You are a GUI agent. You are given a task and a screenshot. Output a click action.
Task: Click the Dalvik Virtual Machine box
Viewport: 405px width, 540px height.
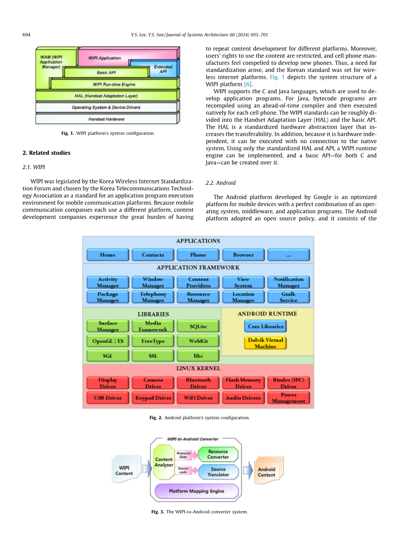point(265,343)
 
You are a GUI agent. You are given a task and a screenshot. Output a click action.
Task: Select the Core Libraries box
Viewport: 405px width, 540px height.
point(265,326)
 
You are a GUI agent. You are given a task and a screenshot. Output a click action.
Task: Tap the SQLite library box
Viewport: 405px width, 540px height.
point(198,326)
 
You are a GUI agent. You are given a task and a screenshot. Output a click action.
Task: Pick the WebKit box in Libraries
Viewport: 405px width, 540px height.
point(198,341)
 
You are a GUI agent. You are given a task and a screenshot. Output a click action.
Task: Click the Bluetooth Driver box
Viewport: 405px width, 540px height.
point(198,383)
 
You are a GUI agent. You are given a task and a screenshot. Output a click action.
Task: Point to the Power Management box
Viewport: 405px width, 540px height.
point(289,398)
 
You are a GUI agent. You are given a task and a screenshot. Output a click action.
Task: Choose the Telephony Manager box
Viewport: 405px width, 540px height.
point(153,297)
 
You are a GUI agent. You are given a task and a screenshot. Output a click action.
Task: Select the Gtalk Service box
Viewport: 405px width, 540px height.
point(289,297)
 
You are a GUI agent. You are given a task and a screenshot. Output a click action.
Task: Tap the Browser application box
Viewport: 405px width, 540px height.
point(243,255)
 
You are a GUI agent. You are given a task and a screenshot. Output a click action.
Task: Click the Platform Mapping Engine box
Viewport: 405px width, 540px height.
point(197,491)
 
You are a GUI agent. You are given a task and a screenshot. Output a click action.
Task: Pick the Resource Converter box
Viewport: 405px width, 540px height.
point(218,454)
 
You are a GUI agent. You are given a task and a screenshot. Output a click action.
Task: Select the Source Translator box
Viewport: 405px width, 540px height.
point(218,472)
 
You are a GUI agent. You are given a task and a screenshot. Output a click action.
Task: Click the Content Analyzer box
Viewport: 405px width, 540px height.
point(164,462)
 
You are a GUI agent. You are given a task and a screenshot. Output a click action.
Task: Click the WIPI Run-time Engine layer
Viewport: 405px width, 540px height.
point(114,84)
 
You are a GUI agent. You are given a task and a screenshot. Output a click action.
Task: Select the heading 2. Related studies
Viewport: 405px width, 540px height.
point(46,153)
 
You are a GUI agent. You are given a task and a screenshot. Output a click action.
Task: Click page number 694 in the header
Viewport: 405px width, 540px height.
point(26,35)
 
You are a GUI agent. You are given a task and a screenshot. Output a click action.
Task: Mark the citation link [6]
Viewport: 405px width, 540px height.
point(248,84)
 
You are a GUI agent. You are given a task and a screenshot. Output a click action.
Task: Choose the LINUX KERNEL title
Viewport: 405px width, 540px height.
point(198,368)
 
